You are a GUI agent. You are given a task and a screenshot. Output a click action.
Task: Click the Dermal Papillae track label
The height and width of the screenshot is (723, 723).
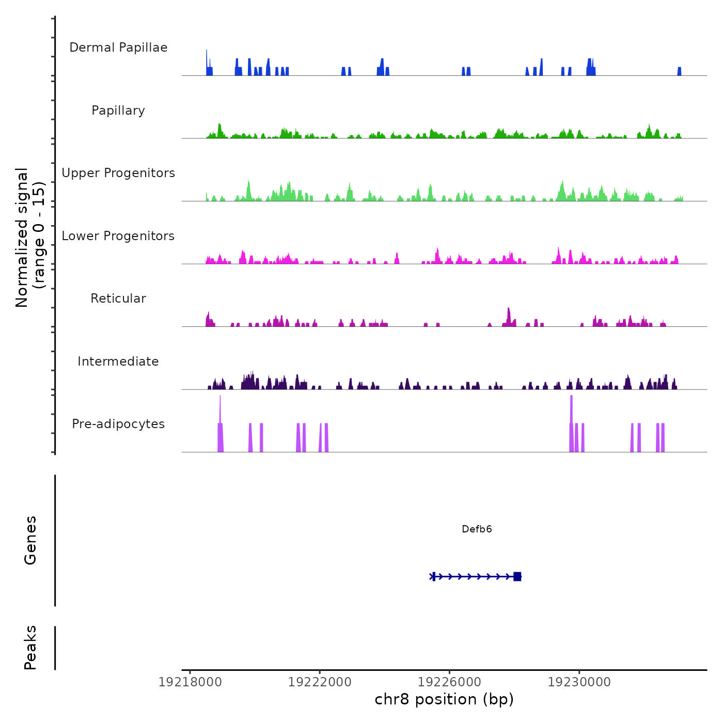click(118, 48)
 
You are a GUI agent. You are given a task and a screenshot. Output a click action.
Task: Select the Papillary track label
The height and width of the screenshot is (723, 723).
click(118, 111)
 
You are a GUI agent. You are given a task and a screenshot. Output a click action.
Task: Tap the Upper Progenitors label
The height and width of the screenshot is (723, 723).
click(118, 173)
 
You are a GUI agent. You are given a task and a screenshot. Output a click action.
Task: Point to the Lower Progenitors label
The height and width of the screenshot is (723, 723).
click(118, 236)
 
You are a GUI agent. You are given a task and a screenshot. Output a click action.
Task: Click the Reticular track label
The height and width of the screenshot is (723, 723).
click(118, 298)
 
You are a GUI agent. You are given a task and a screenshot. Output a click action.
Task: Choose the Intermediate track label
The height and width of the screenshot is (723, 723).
click(118, 361)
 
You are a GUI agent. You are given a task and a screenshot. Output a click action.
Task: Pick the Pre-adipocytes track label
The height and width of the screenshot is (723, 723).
click(118, 424)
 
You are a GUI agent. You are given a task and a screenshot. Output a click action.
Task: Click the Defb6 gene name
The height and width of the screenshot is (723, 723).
click(477, 529)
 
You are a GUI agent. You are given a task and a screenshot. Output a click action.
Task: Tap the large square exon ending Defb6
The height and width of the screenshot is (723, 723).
click(517, 576)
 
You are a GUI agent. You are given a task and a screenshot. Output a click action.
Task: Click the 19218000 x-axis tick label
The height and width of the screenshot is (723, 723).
click(190, 682)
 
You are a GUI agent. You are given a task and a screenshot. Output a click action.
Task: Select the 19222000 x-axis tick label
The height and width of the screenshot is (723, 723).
click(320, 682)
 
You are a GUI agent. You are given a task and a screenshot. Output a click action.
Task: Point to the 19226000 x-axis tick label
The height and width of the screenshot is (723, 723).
click(449, 682)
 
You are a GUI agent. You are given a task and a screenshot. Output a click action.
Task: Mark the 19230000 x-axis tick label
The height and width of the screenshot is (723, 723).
click(579, 682)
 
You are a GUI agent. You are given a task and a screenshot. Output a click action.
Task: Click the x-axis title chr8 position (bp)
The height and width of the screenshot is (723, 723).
click(444, 699)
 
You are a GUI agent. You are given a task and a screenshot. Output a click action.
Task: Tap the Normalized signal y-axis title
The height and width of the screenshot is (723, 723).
click(30, 238)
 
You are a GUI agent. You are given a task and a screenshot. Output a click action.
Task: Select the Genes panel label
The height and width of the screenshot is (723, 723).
click(30, 540)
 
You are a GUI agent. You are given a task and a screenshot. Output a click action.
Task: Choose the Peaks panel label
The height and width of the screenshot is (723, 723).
click(30, 648)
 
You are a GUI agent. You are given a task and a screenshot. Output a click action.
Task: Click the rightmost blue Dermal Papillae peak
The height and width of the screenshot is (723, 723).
click(680, 71)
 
